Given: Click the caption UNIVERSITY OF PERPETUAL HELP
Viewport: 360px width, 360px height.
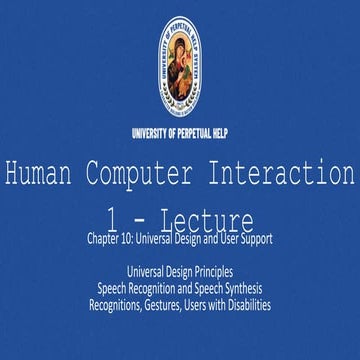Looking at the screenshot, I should (180, 132).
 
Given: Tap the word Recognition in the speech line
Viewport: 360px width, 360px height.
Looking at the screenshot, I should (150, 288).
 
